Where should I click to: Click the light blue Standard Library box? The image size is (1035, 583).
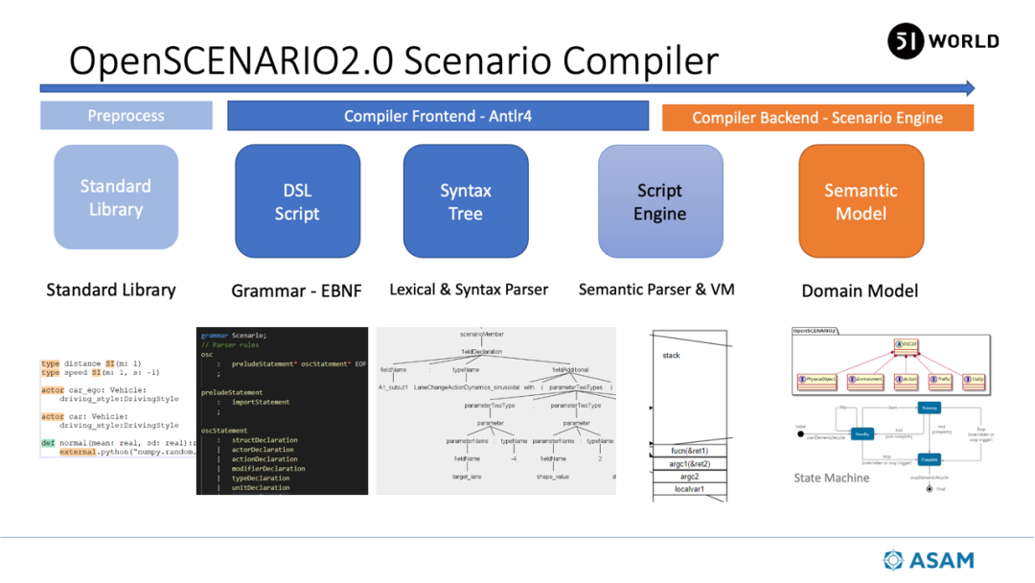[x=116, y=198]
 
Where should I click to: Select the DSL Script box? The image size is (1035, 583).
[x=297, y=201]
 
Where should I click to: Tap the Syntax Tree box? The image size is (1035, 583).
[x=466, y=201]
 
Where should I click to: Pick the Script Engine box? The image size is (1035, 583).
[x=660, y=201]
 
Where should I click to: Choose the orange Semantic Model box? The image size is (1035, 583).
[x=861, y=201]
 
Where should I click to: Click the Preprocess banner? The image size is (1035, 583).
[x=126, y=116]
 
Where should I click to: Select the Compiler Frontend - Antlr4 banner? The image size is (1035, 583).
[x=438, y=116]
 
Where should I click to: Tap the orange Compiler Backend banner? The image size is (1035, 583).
[x=817, y=118]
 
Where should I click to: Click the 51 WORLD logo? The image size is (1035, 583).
[x=943, y=41]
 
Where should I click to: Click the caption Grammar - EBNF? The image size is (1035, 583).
[x=297, y=291]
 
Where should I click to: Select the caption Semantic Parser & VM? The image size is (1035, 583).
[x=656, y=289]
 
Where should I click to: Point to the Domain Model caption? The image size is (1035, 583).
[x=860, y=291]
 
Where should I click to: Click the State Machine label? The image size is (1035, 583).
[x=832, y=478]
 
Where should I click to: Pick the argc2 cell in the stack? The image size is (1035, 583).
[x=689, y=477]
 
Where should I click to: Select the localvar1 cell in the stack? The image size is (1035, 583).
[x=689, y=489]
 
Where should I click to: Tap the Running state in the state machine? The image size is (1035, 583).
[x=928, y=408]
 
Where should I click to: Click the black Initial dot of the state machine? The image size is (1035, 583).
[x=801, y=434]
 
